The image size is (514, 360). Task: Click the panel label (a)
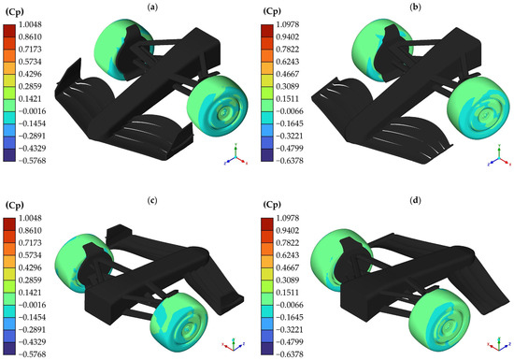pos(153,7)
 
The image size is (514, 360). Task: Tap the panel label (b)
pos(415,7)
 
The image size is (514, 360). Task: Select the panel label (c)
pos(152,200)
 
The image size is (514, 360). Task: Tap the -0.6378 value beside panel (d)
pos(288,354)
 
